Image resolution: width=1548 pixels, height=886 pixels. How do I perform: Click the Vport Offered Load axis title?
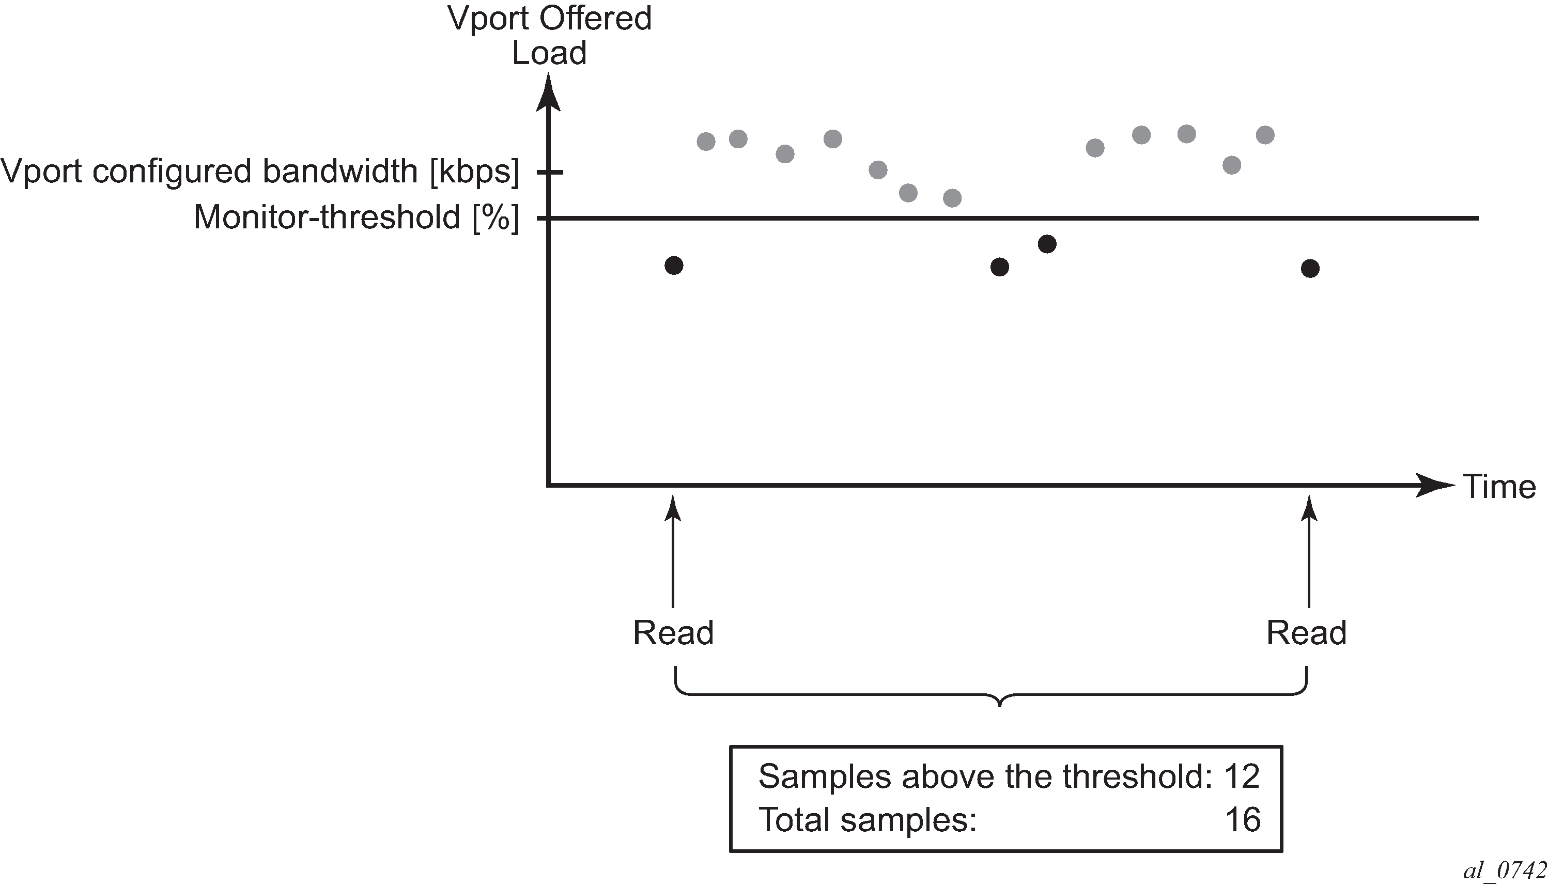(549, 35)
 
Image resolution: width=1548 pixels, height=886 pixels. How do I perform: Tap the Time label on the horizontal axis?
(1499, 487)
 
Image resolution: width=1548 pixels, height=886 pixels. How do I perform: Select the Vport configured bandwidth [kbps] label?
(260, 171)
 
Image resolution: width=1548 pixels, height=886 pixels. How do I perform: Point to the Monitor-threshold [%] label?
(357, 217)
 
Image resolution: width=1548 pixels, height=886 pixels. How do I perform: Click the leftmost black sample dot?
(674, 266)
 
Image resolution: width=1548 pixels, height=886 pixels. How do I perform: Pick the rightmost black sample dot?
(1310, 268)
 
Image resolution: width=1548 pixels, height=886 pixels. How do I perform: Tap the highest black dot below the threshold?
(1047, 244)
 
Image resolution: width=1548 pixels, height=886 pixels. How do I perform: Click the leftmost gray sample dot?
(706, 142)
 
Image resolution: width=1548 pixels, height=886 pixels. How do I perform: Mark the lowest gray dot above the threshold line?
(952, 198)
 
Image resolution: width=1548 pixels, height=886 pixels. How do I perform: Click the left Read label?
(673, 633)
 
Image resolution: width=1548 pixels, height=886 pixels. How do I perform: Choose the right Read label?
(1306, 633)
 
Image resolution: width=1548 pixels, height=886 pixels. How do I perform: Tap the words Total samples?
(866, 820)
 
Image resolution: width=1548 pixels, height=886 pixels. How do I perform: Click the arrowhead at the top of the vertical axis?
(548, 91)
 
